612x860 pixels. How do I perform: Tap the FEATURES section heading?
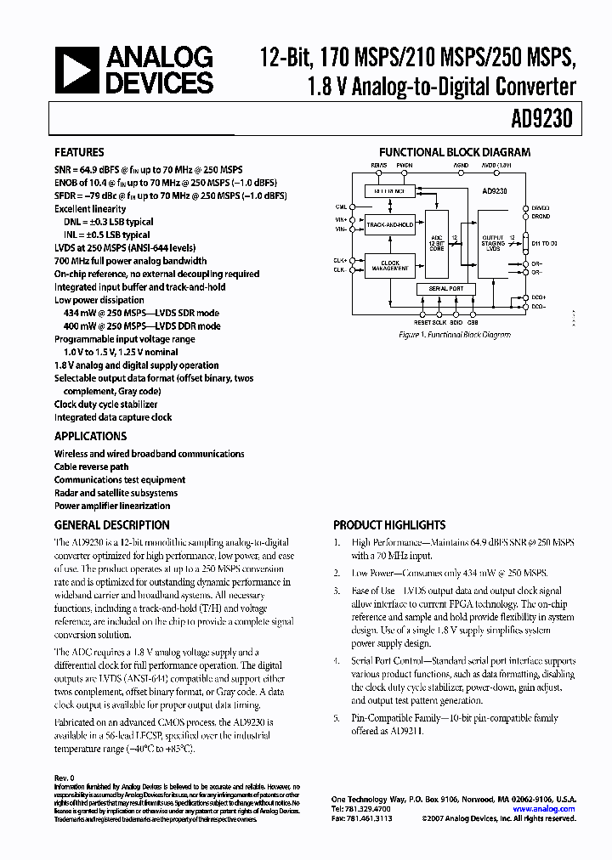79,153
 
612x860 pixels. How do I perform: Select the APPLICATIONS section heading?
90,436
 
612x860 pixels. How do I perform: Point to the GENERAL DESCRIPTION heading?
111,525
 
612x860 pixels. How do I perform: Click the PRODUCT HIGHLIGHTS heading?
389,525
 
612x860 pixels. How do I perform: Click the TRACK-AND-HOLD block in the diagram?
391,225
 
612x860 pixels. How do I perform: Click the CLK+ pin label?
340,259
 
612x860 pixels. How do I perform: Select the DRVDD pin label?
541,207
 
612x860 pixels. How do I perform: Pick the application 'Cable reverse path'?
92,467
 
